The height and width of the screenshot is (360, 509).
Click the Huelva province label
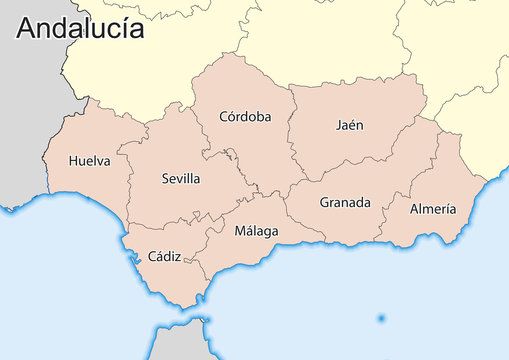pyautogui.click(x=90, y=160)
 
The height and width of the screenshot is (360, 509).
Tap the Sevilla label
pyautogui.click(x=181, y=179)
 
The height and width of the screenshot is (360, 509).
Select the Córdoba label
pyautogui.click(x=245, y=117)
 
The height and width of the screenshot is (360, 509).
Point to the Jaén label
pyautogui.click(x=350, y=126)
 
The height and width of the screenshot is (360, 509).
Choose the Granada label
pyautogui.click(x=345, y=203)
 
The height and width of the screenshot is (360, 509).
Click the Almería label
pyautogui.click(x=433, y=209)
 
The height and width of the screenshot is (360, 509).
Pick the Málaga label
pyautogui.click(x=256, y=231)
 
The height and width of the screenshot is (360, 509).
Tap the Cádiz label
pyautogui.click(x=164, y=257)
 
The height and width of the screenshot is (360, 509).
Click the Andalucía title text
pyautogui.click(x=80, y=29)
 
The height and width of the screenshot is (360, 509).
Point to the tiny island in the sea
pyautogui.click(x=381, y=319)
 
